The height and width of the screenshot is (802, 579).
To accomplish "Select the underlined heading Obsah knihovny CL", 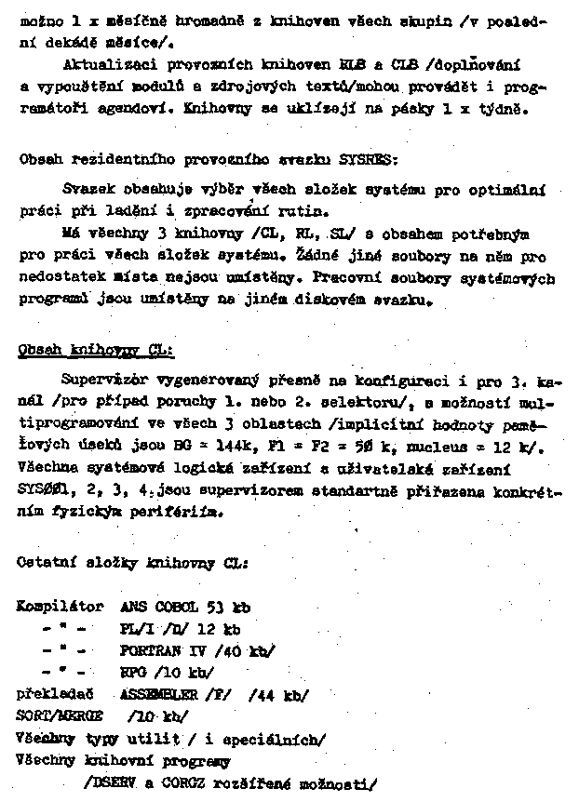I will click(96, 351).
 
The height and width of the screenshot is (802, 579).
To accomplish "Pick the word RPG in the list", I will click(133, 672).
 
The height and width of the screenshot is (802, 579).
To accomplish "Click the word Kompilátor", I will click(61, 607).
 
